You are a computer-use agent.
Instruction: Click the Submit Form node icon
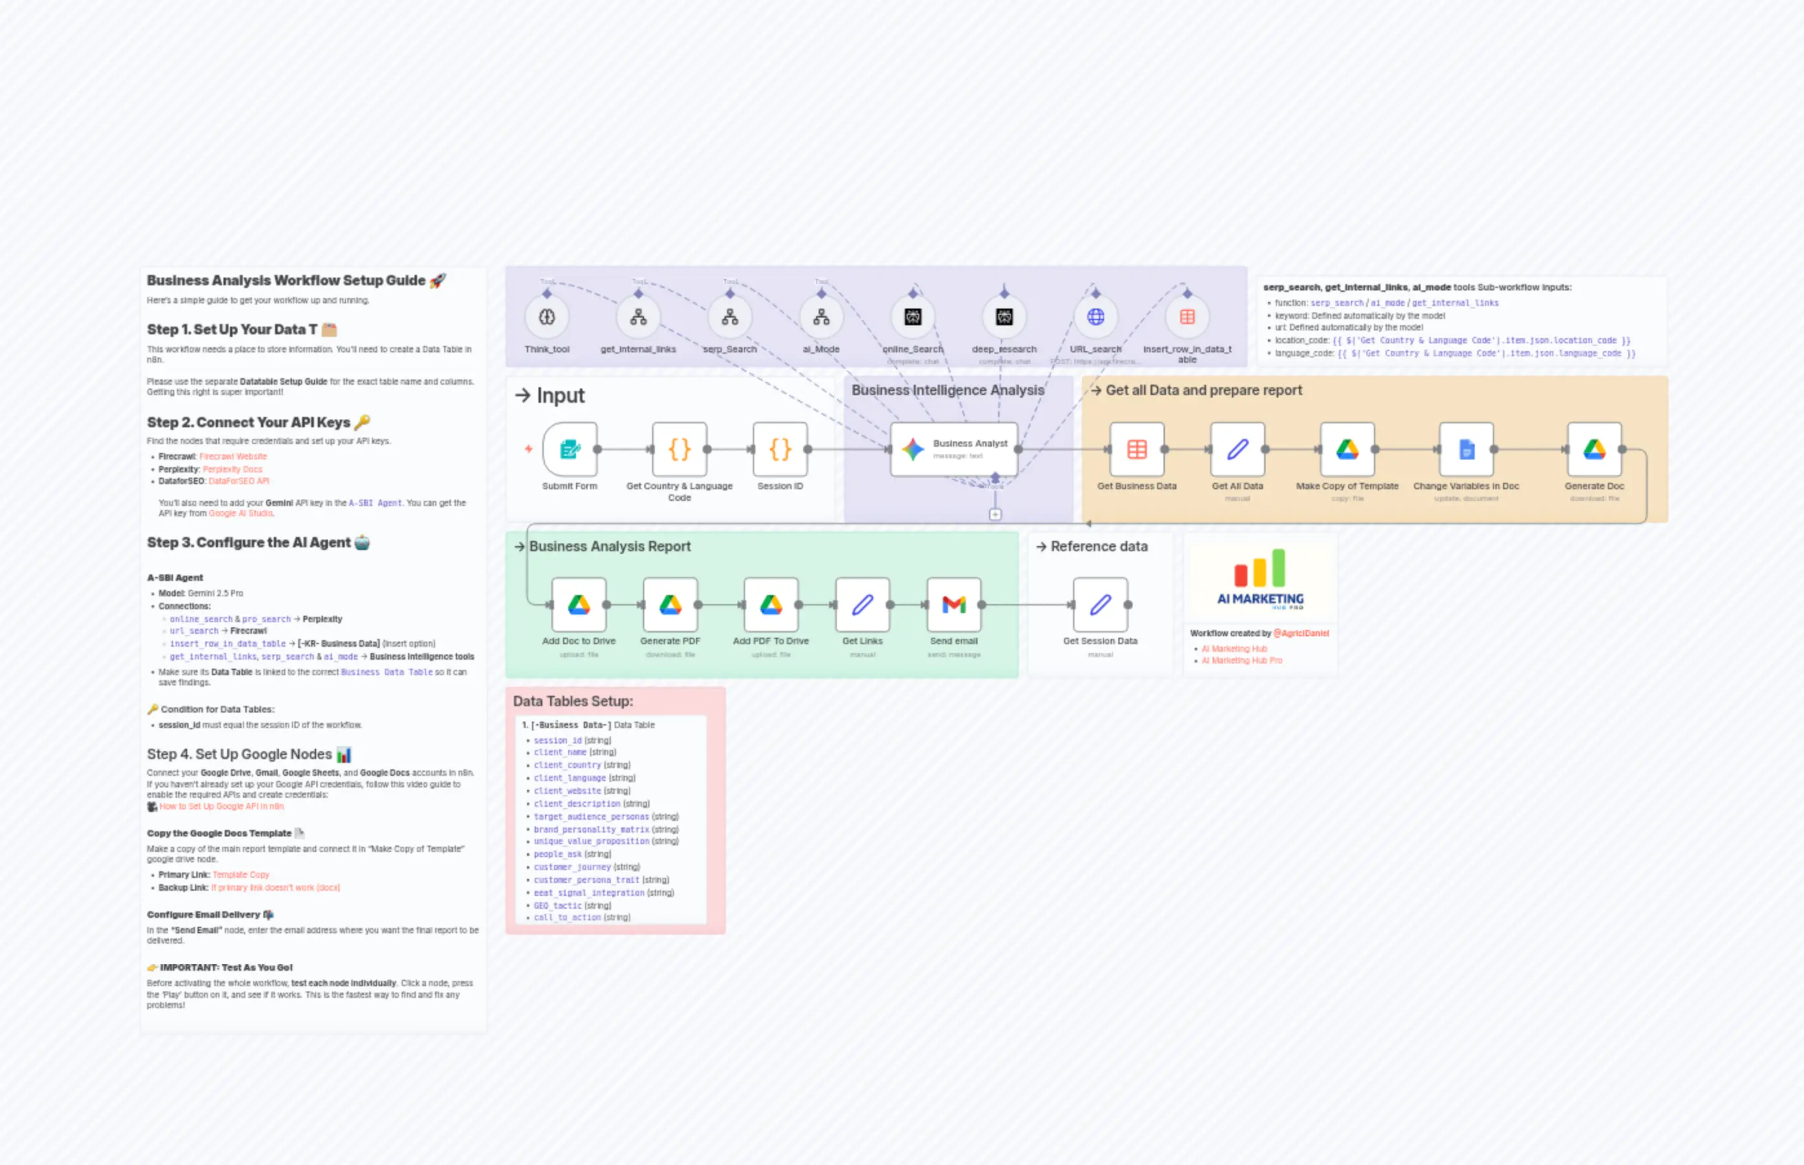click(x=570, y=449)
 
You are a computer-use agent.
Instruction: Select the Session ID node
click(x=779, y=449)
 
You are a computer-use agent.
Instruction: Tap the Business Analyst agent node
click(x=954, y=449)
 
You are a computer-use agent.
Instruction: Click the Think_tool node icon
click(x=547, y=317)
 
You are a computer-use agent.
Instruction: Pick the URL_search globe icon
click(x=1095, y=317)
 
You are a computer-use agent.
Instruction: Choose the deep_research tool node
click(x=1004, y=317)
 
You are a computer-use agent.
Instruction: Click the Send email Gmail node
click(x=954, y=604)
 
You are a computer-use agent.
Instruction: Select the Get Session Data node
click(x=1100, y=604)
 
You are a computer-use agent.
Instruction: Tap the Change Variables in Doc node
click(x=1466, y=449)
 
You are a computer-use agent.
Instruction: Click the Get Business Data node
click(x=1136, y=449)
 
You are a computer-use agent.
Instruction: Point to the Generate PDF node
click(x=670, y=604)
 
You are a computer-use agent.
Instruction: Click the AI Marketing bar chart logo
click(x=1260, y=569)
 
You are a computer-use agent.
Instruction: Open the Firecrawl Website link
click(x=233, y=457)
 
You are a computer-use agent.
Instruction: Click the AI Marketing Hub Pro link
click(x=1242, y=660)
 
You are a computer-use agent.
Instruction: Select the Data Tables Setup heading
click(x=573, y=702)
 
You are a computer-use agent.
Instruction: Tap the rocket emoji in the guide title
click(x=437, y=281)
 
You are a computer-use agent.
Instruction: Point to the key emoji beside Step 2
click(x=362, y=422)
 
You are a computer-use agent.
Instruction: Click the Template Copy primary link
click(x=241, y=875)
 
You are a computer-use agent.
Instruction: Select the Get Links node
click(x=862, y=604)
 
